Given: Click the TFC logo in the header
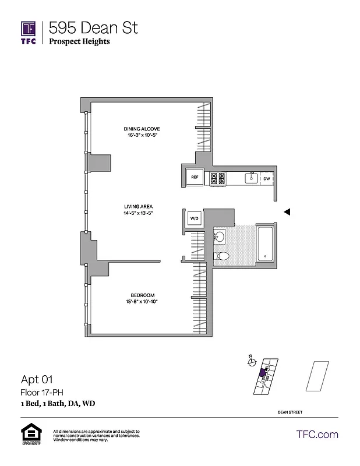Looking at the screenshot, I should click(29, 32).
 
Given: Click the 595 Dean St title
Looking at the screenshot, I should click(93, 27).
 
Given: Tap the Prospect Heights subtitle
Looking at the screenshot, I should click(79, 41).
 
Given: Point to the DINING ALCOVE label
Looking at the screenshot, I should click(142, 129).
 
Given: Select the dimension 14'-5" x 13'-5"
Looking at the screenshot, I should click(138, 214).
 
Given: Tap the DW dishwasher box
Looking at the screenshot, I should click(266, 178).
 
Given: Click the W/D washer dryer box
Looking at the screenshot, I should click(195, 218).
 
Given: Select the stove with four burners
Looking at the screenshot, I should click(218, 178).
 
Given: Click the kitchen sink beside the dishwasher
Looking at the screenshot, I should click(252, 177).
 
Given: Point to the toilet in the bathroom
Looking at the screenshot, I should click(223, 256).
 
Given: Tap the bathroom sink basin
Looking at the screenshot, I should click(220, 236).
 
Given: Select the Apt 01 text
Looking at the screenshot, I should click(37, 380).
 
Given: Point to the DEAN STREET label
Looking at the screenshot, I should click(290, 412).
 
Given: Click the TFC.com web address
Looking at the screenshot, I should click(317, 434).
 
